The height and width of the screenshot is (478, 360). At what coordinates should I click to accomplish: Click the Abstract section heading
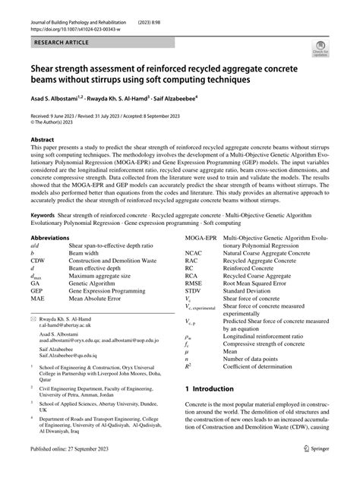click(43, 140)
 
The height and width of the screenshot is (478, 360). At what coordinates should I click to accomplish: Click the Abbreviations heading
click(50, 237)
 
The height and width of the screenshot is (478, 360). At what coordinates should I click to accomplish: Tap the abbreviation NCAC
click(195, 253)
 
